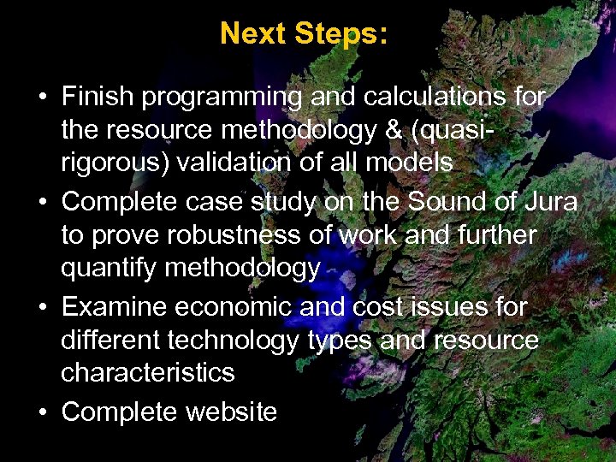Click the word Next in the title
click(253, 34)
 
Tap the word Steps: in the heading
click(341, 34)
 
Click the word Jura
click(549, 202)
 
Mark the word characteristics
click(147, 372)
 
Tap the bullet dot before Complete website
click(42, 412)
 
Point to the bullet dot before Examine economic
click(42, 307)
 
